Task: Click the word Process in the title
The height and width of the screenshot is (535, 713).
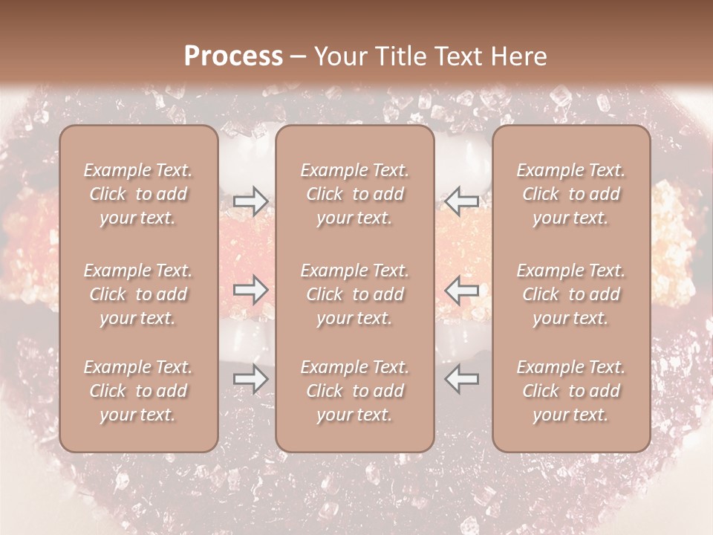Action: pos(233,56)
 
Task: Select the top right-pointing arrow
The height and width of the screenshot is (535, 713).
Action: pos(250,201)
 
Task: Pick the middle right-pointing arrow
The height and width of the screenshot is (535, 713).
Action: pos(250,290)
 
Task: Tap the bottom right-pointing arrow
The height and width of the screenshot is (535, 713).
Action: pos(250,379)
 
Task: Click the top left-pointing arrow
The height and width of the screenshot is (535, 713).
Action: pos(462,201)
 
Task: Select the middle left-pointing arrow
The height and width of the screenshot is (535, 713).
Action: pos(462,290)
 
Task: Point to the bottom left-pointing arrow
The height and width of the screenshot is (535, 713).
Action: pos(462,379)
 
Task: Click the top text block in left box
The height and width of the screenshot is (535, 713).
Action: pos(138,194)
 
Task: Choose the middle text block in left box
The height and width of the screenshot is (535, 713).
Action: pos(138,294)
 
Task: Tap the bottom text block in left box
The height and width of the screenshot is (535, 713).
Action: pos(138,391)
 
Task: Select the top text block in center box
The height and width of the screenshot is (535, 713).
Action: pos(354,194)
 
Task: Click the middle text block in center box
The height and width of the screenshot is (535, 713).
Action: pos(354,294)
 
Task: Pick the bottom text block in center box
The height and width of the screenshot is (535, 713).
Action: pos(354,391)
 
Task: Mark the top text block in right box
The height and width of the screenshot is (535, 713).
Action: pos(571,194)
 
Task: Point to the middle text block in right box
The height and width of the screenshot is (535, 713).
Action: pos(571,294)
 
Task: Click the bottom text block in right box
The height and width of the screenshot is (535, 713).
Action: pos(571,391)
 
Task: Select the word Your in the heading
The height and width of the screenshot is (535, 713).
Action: pos(340,56)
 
